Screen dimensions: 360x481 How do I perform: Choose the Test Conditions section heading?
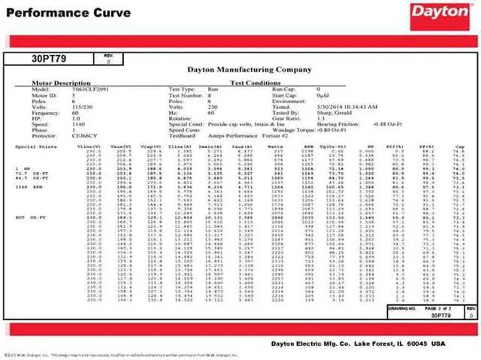pyautogui.click(x=256, y=83)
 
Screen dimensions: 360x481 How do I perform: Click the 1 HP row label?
pyautogui.click(x=23, y=165)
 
